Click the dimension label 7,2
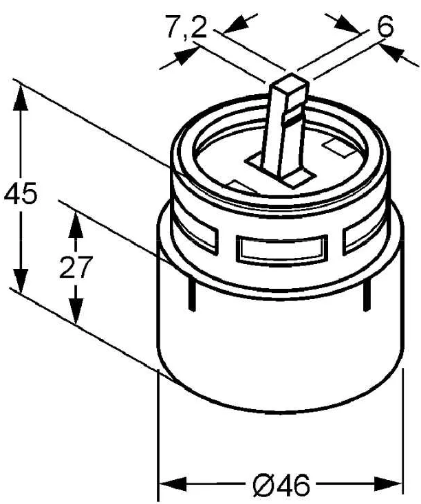coord(186,28)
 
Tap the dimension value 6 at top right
coord(386,26)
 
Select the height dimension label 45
coord(21,193)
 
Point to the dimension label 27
coord(76,267)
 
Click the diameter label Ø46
coord(282,485)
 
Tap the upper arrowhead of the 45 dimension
coord(21,98)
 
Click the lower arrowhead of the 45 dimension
coord(21,280)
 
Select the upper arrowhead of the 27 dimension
coord(76,224)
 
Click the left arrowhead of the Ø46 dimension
coord(173,484)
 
